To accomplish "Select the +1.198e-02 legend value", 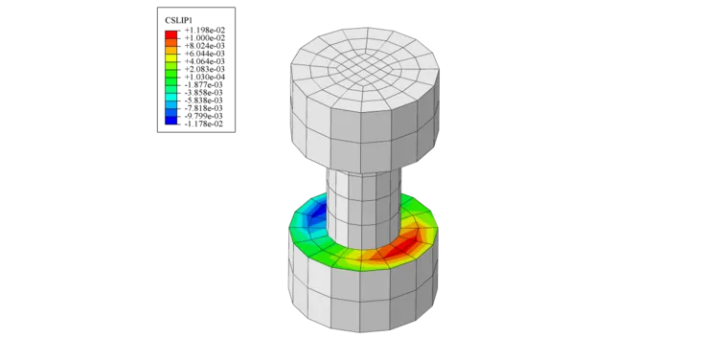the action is click(x=205, y=30).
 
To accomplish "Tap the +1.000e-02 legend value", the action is click(x=205, y=38).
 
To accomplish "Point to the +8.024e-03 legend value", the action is click(x=205, y=46).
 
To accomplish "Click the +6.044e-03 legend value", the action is click(x=205, y=54).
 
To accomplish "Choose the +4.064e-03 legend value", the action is click(x=205, y=61).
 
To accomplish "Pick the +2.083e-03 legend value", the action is click(x=205, y=69).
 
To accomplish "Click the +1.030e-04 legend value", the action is click(x=205, y=77).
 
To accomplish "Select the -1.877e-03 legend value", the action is click(x=204, y=85).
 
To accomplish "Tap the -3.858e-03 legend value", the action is click(x=204, y=93).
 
